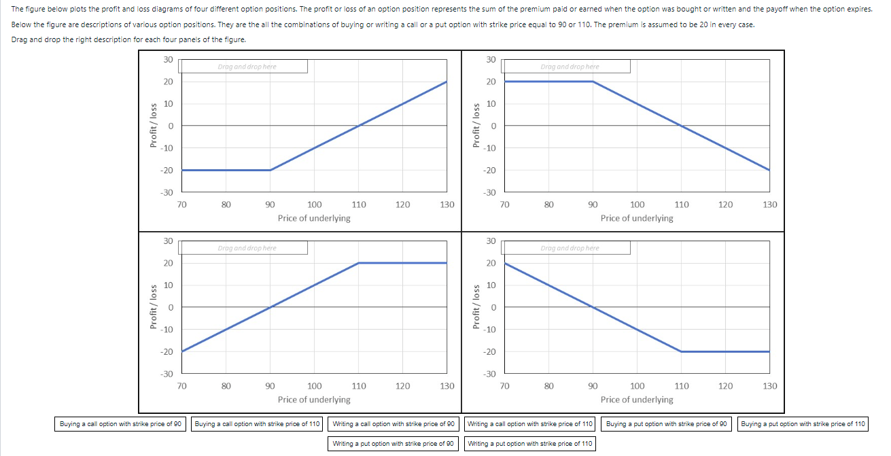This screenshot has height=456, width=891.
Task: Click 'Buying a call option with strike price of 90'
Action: (x=120, y=424)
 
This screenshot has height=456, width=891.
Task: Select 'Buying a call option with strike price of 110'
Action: (x=257, y=424)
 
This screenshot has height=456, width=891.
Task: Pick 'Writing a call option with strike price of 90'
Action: (x=394, y=424)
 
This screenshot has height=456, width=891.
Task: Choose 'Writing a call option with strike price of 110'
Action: (x=531, y=424)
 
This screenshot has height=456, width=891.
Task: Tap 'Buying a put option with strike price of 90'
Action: (x=667, y=424)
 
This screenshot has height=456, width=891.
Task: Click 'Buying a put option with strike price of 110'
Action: (x=803, y=424)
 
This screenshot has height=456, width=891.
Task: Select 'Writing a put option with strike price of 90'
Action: (x=394, y=444)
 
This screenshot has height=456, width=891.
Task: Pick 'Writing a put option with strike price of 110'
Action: (x=531, y=444)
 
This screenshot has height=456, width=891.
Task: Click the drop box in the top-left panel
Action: (x=247, y=67)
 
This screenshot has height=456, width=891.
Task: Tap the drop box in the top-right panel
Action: (x=570, y=67)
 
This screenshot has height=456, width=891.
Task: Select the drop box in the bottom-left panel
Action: (x=247, y=248)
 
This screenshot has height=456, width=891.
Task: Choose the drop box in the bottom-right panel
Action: (x=570, y=248)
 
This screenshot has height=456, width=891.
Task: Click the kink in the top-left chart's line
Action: (x=270, y=170)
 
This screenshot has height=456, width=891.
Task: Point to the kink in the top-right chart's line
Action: (x=593, y=82)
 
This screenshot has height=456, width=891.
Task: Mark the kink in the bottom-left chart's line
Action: (x=359, y=263)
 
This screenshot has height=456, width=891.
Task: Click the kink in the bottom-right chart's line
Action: (x=682, y=351)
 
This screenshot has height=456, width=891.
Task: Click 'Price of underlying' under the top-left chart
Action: (x=314, y=218)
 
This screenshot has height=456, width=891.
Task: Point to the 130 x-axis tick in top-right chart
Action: (x=770, y=205)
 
